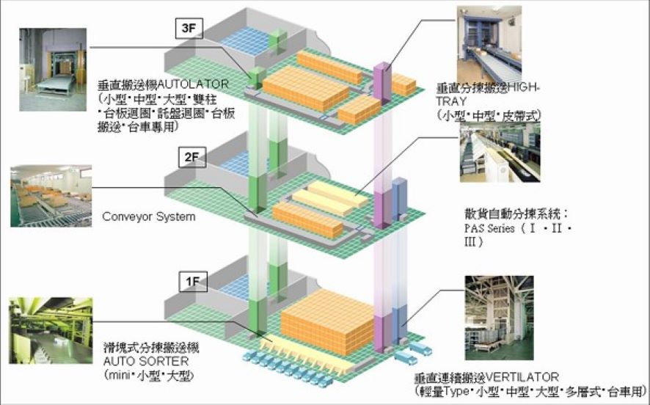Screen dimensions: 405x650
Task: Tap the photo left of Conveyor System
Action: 50,196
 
